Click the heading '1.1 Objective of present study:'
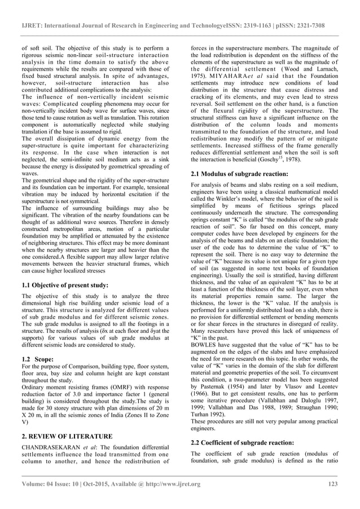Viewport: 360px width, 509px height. [x=65, y=285]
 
